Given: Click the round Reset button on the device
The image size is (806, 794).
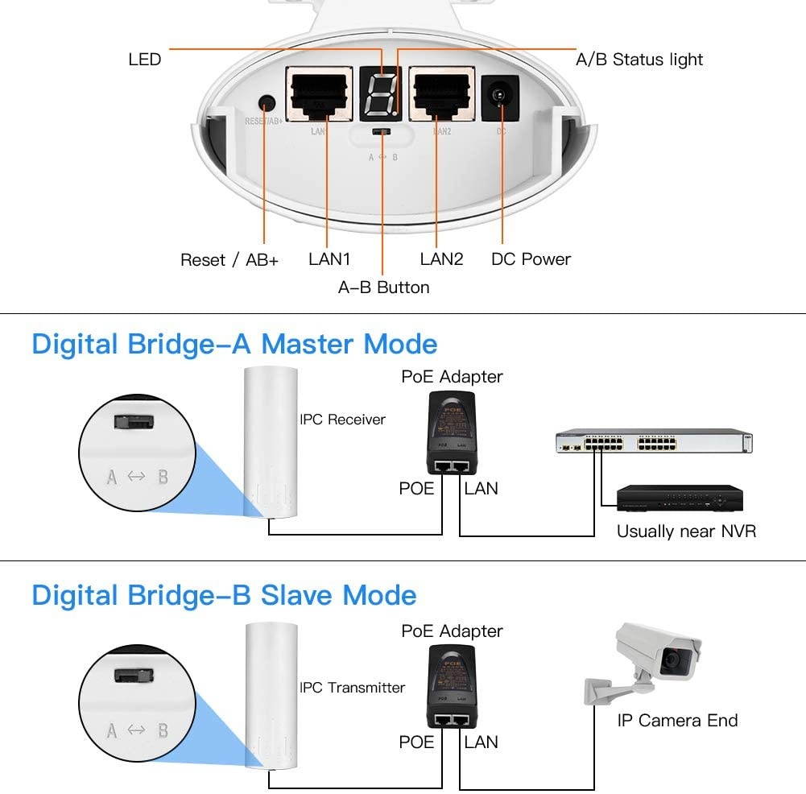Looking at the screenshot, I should pyautogui.click(x=266, y=104).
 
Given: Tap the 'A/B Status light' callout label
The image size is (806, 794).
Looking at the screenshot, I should pyautogui.click(x=639, y=60).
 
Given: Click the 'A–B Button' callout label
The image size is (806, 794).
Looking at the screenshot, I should pyautogui.click(x=383, y=287).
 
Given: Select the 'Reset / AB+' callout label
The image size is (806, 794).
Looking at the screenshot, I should pyautogui.click(x=229, y=259).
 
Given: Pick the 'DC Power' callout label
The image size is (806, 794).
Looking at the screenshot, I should pyautogui.click(x=531, y=259).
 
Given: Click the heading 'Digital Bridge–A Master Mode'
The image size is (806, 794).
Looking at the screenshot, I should pyautogui.click(x=234, y=344).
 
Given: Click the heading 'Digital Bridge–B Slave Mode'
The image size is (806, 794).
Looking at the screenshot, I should pyautogui.click(x=224, y=596).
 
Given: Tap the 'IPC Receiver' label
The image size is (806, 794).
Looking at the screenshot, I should pyautogui.click(x=342, y=420).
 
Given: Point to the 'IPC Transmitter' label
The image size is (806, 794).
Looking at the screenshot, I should pyautogui.click(x=352, y=688).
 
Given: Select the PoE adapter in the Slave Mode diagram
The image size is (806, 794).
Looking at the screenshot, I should pyautogui.click(x=450, y=685).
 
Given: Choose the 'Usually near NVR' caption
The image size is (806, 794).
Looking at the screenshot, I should pyautogui.click(x=686, y=531).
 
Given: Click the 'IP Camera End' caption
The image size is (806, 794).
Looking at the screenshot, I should pyautogui.click(x=677, y=721).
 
